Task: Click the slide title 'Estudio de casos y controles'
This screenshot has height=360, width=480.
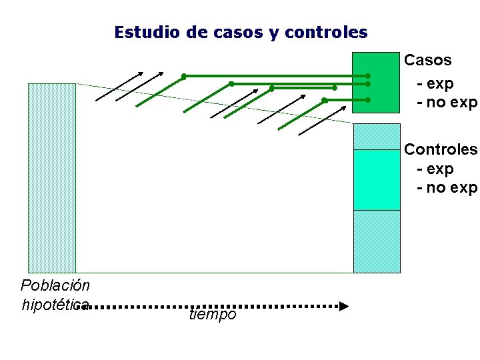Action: (241, 32)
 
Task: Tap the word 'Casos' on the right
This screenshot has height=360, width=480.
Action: (428, 60)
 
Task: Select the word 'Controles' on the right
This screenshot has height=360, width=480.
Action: (441, 149)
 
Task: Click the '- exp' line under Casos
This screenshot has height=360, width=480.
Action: (435, 84)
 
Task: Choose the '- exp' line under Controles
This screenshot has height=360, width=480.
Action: (435, 169)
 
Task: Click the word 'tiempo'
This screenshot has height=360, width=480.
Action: (213, 315)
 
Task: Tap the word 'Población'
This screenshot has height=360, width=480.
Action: (55, 286)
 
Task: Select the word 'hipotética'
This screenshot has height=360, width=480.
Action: (55, 305)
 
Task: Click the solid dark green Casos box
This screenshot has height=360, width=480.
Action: (375, 82)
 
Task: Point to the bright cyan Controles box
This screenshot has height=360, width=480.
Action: (377, 180)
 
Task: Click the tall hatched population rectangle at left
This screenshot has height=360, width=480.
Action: (52, 177)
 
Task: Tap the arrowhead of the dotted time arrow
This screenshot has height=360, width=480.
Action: (343, 307)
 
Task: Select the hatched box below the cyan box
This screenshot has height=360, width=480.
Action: (377, 241)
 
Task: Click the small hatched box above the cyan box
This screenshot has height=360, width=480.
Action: (377, 137)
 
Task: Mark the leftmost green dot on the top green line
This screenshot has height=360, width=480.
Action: (184, 76)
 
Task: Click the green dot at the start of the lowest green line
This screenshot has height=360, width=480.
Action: (324, 100)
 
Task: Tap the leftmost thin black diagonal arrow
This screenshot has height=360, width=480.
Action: (119, 86)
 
